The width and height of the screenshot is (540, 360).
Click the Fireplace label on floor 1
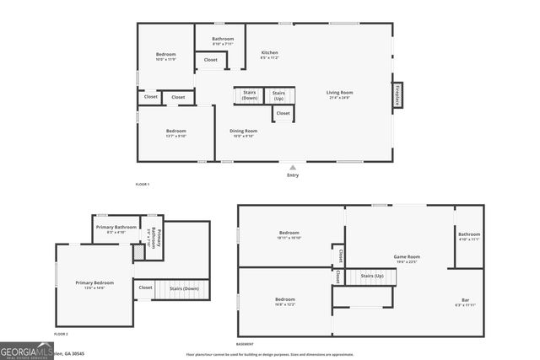(397, 94)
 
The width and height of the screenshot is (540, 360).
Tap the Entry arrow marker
(293, 167)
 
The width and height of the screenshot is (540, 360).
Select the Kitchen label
(269, 52)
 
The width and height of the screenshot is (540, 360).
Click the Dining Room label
(244, 131)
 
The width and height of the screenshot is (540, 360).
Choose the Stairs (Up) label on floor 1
(278, 95)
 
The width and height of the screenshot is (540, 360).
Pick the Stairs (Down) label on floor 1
(250, 95)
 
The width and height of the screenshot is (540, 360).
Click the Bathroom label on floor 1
(223, 39)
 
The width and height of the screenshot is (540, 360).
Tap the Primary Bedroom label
(94, 282)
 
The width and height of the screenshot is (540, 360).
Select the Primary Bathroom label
(116, 227)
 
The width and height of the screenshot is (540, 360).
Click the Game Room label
(407, 256)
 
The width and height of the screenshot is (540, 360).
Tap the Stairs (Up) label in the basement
(372, 276)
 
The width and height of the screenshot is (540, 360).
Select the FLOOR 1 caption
(143, 184)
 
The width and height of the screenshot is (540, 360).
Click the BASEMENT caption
(245, 345)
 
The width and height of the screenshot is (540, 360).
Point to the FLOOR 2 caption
(61, 335)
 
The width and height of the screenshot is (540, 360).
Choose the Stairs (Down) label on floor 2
(184, 288)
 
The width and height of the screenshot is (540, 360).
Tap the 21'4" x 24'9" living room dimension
(340, 98)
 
